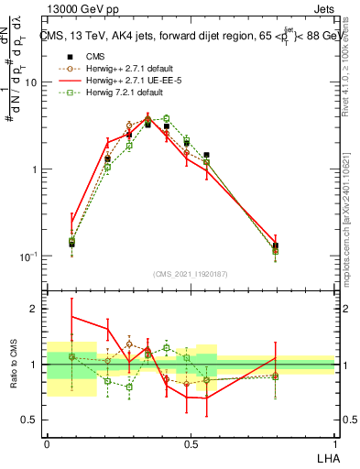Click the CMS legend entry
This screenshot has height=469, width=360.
click(95, 55)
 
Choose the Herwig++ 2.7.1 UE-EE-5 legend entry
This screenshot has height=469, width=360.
click(121, 80)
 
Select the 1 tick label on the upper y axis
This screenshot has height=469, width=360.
click(36, 169)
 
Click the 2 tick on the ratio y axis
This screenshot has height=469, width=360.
click(35, 309)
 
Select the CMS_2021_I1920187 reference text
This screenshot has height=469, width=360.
click(190, 273)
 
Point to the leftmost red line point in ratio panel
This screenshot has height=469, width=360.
click(71, 316)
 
